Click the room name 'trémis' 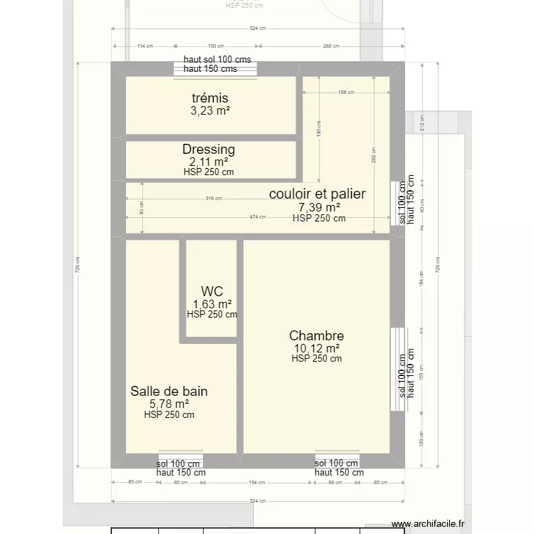tap(210, 98)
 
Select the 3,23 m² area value tap(210, 111)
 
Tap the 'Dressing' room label tap(209, 150)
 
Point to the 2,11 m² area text tap(209, 162)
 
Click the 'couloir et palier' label tap(317, 194)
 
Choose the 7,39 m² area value tap(318, 207)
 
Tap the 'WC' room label tap(212, 291)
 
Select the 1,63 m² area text tap(212, 304)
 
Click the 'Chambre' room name tap(316, 336)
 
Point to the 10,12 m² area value tap(316, 348)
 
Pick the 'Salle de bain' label tap(169, 391)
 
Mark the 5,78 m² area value tap(169, 404)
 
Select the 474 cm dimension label tap(258, 217)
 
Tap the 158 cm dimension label tap(346, 92)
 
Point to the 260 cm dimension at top tap(331, 46)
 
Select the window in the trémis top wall tap(216, 68)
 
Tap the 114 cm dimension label tap(145, 46)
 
